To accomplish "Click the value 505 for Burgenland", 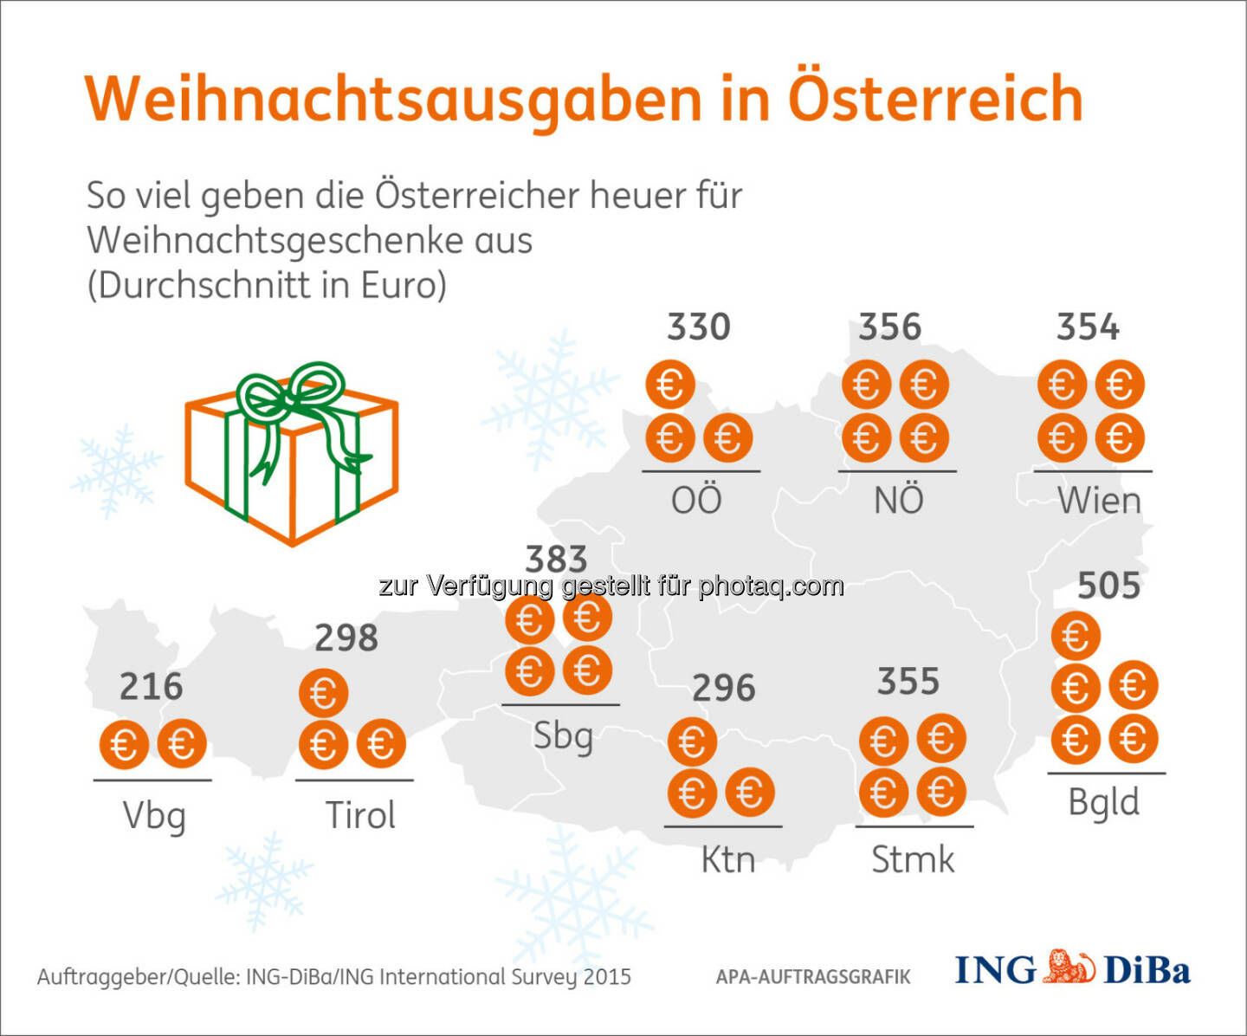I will click(1108, 586).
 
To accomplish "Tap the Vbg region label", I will click(154, 816).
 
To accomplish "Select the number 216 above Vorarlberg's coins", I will click(151, 687).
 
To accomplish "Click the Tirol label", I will click(359, 816).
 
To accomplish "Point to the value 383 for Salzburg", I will click(556, 559).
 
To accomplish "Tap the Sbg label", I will click(563, 737).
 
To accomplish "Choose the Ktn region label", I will click(727, 860).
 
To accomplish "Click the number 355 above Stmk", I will click(908, 682).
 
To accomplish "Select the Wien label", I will click(1099, 501).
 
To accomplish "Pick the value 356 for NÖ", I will click(889, 327).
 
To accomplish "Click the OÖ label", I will click(696, 500).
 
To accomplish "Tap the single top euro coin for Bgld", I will click(1076, 637).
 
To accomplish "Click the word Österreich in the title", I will click(935, 99).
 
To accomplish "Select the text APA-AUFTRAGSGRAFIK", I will click(813, 977).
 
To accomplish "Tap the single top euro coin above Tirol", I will click(323, 693).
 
